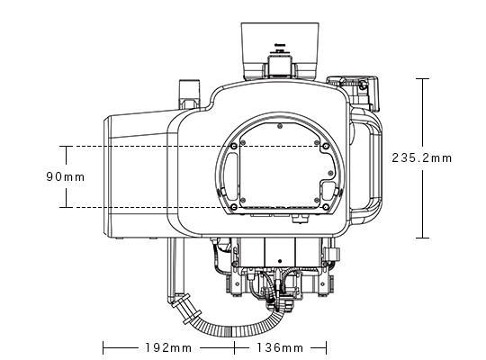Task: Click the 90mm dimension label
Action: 65,177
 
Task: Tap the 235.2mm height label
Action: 422,157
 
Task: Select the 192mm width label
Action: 168,346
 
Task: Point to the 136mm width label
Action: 280,346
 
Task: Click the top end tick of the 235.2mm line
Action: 421,79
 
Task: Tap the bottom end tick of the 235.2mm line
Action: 421,238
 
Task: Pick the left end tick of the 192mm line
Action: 104,346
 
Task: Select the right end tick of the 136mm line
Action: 324,346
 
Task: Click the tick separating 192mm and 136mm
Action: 236,346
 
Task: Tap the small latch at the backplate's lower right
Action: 328,191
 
